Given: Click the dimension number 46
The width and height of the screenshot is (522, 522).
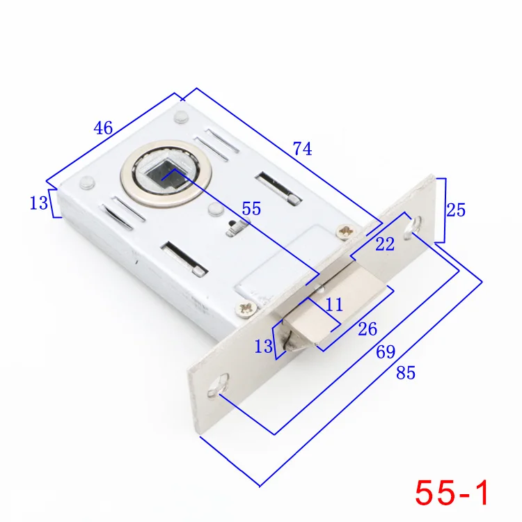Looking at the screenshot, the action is [x=103, y=128].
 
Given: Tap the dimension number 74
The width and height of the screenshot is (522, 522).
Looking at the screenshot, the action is [x=302, y=148].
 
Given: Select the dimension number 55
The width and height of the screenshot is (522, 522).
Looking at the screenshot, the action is [x=251, y=209].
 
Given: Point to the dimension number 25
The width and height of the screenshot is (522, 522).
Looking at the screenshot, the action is [x=456, y=210].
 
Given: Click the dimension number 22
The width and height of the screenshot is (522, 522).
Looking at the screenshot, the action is [x=385, y=244].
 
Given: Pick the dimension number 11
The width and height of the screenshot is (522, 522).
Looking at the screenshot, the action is [x=334, y=305].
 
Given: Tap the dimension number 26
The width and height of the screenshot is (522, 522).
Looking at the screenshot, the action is [x=367, y=329].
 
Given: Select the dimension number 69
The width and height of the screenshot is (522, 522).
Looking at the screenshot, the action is [x=386, y=352].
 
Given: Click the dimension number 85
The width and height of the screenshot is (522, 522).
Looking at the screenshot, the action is [x=406, y=373].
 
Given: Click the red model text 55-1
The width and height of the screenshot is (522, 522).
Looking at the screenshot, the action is [x=452, y=493].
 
